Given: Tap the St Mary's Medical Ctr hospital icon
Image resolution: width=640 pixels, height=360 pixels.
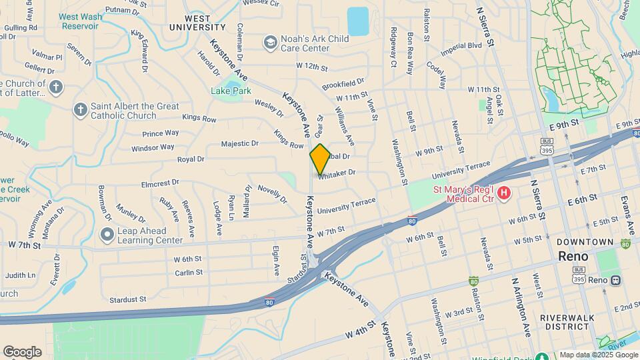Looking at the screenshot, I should pos(505,193).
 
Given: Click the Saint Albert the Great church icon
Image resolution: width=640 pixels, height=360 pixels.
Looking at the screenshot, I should pos(81,110).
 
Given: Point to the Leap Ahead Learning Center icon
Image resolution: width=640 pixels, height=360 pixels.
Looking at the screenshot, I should pos(107,235).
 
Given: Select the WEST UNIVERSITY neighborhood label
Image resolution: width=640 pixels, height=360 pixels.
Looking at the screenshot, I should pos(197,23).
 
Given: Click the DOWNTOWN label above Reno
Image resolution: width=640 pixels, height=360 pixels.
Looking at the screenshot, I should pos(585,241).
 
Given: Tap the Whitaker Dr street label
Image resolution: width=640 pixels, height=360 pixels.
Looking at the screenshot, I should pos(337,173).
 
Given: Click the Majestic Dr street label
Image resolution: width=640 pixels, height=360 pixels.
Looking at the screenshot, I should pos(240,143).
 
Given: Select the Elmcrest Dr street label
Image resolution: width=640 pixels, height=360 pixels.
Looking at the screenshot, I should pos(160,182).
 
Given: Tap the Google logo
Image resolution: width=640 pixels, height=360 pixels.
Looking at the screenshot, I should pos(22,351).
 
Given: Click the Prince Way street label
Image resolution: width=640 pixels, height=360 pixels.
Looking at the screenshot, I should pos(161,133).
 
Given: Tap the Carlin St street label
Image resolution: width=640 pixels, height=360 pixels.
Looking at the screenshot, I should pos(189,273).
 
